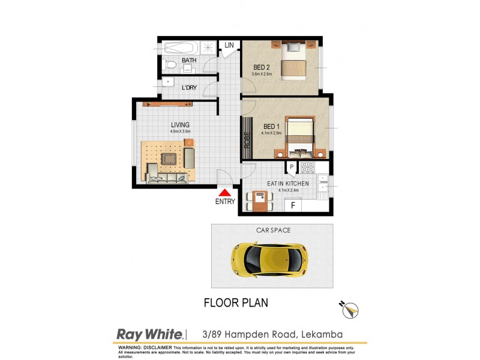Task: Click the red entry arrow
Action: (x=224, y=193)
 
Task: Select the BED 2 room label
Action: (x=261, y=66)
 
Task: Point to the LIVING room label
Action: (x=180, y=125)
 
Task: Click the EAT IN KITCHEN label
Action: (x=288, y=183)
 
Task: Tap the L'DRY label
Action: (x=189, y=88)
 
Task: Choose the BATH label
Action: (x=189, y=60)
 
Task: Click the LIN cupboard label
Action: (x=229, y=46)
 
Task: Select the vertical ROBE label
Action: (x=247, y=140)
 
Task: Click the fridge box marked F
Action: (x=293, y=205)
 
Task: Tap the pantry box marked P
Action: (x=291, y=167)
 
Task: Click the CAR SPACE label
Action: (x=272, y=230)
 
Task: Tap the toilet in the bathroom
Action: (x=170, y=63)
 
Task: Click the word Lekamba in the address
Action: (x=325, y=334)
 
